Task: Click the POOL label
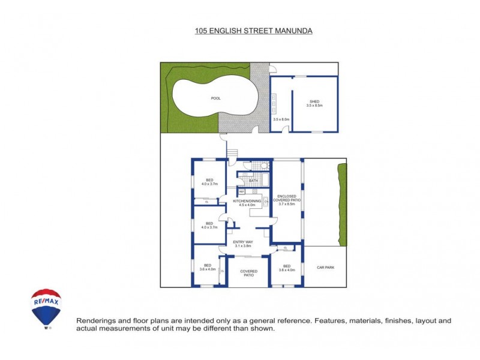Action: (215, 98)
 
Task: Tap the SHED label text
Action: (315, 101)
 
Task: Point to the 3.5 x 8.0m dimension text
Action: (281, 119)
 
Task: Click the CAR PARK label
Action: (325, 267)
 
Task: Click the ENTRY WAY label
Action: (242, 242)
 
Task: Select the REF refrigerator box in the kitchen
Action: (242, 191)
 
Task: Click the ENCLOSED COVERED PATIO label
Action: (289, 198)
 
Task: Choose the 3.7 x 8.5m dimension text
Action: (289, 205)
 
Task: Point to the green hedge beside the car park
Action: (343, 204)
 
